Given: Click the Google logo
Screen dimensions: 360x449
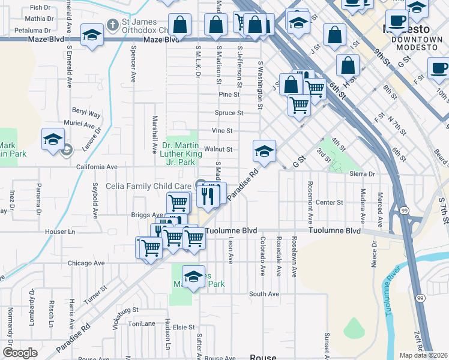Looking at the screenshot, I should click(19, 353).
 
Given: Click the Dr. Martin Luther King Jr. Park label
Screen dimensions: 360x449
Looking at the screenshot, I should click(179, 154).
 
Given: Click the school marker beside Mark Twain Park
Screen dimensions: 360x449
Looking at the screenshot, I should click(53, 139).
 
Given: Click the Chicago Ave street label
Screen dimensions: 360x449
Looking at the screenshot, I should click(86, 263).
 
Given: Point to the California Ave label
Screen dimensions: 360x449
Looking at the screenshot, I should click(95, 167).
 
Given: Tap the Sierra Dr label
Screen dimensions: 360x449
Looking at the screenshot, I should click(361, 173).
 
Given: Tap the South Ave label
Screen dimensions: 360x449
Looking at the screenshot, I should click(264, 294).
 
